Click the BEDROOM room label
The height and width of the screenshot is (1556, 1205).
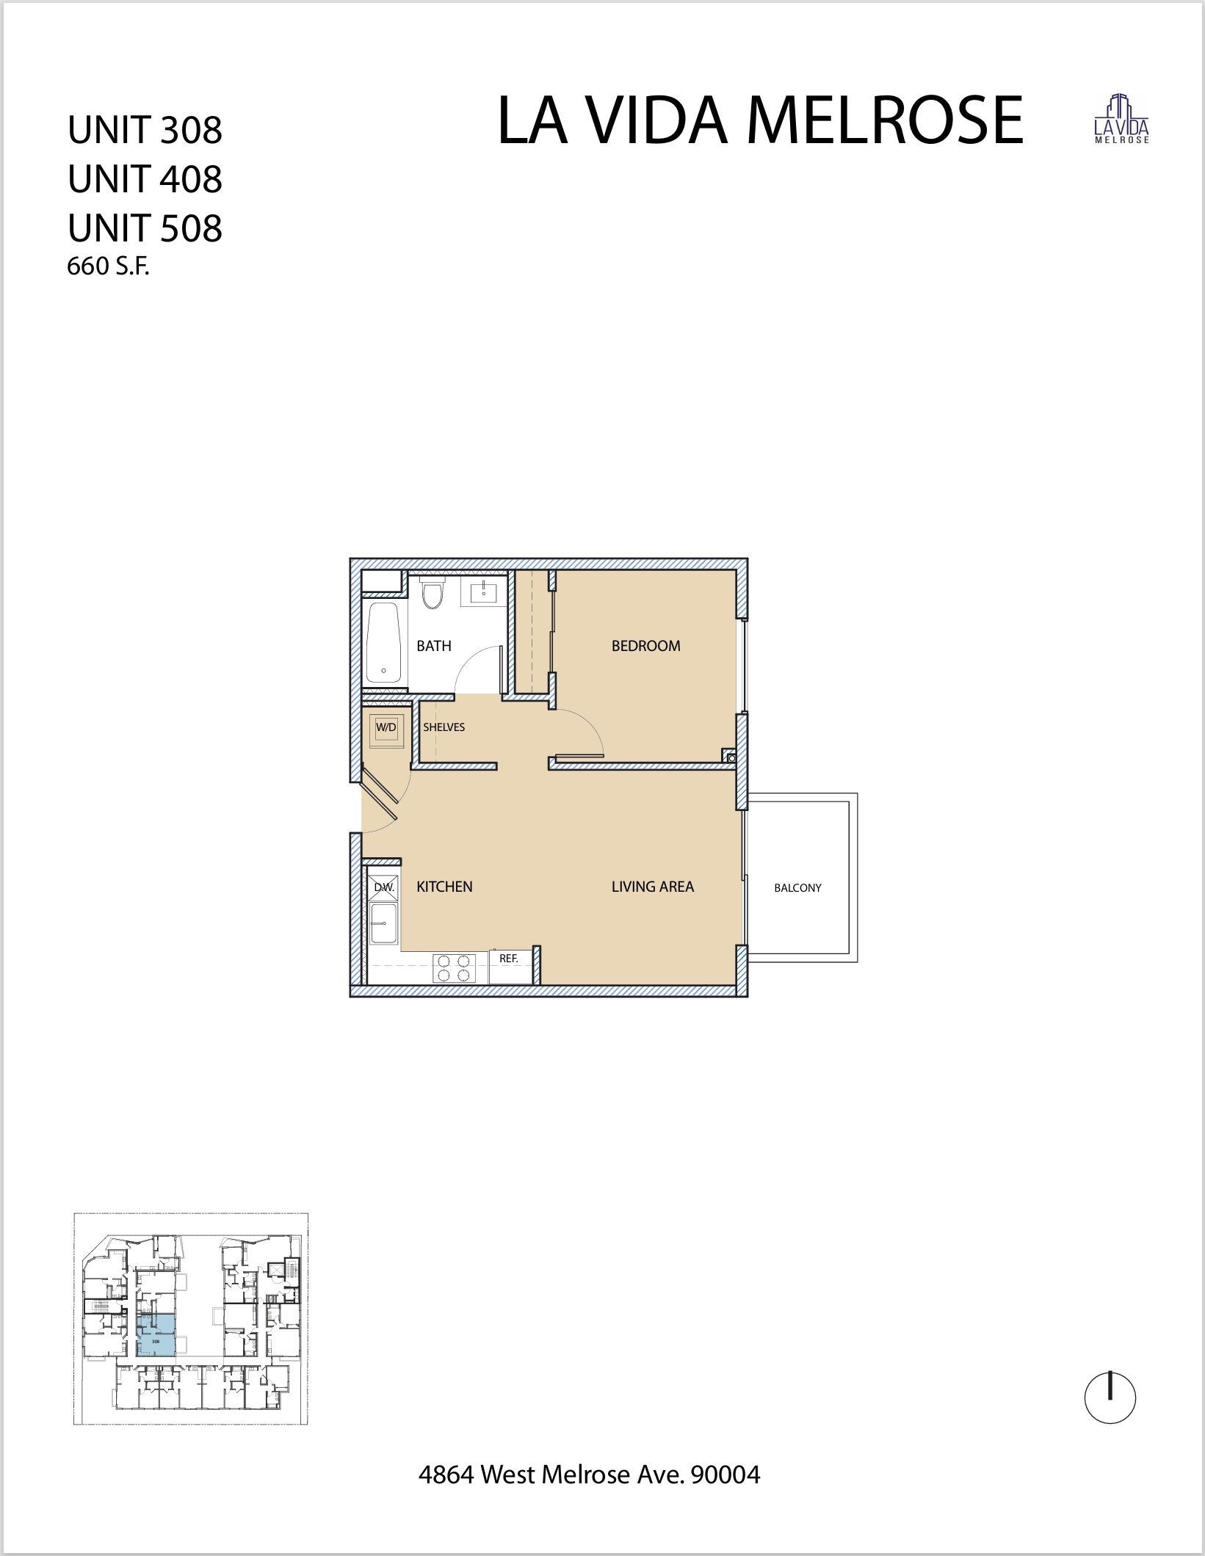645,646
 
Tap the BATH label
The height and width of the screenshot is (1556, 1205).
433,646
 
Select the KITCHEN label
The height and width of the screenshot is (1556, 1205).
444,887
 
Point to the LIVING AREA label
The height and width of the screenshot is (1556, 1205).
652,887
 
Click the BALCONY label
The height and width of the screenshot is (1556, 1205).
797,888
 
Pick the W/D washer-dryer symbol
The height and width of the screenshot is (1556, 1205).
386,728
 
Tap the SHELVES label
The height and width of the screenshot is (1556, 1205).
444,727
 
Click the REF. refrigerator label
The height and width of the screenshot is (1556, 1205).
509,959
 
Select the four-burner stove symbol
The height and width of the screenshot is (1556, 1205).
454,967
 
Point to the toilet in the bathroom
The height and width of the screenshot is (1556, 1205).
433,594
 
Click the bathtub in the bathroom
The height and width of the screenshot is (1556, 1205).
383,643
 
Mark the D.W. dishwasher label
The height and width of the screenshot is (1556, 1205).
384,887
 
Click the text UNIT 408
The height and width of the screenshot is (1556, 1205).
145,179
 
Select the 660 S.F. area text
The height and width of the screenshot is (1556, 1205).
108,267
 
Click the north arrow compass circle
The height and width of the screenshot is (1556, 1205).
1110,1398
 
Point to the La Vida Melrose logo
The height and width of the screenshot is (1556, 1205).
1121,120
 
